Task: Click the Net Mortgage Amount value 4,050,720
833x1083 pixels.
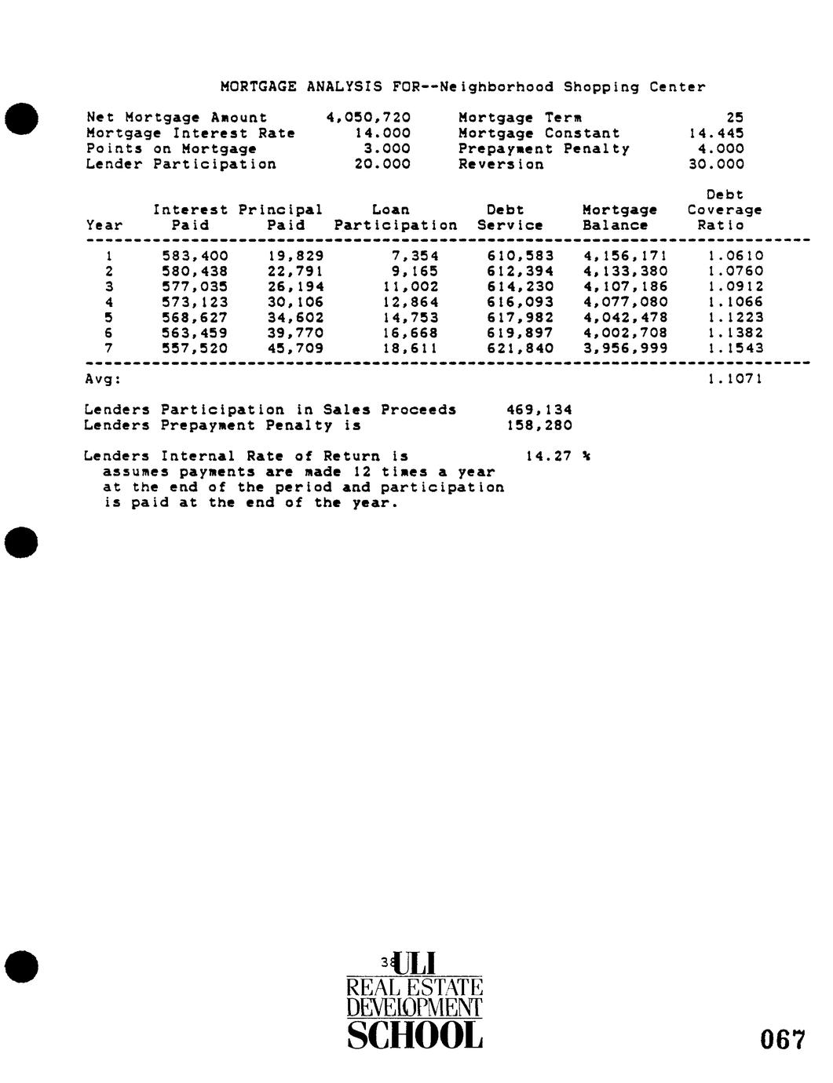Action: [368, 118]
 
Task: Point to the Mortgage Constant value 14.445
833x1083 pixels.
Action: [716, 133]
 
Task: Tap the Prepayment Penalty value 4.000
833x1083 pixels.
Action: [721, 148]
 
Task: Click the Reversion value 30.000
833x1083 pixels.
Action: [716, 164]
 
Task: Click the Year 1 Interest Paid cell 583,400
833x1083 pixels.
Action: [195, 256]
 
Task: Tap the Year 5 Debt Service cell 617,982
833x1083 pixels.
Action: [521, 318]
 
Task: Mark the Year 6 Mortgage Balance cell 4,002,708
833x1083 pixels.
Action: [626, 333]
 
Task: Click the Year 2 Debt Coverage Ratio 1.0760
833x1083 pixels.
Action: [735, 272]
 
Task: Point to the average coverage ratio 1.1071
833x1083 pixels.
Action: [735, 380]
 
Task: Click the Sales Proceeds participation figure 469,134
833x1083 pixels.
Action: [540, 410]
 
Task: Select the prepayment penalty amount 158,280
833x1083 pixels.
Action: [540, 425]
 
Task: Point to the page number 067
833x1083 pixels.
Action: [782, 1041]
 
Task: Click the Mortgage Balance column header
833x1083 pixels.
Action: [619, 217]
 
